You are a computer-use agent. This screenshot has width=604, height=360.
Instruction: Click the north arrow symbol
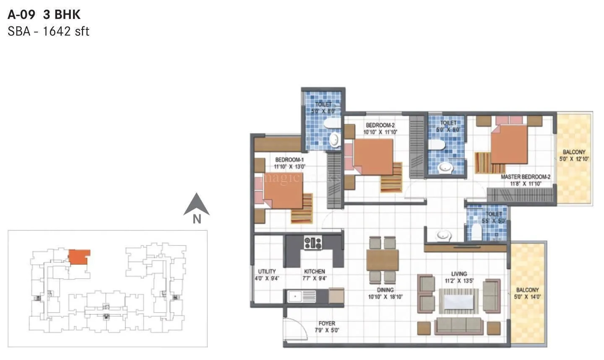(x=196, y=205)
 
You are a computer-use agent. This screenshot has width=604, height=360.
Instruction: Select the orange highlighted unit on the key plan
(x=78, y=256)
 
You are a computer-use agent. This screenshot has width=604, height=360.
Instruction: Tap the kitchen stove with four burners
(x=313, y=243)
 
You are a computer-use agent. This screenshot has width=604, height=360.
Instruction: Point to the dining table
(x=382, y=260)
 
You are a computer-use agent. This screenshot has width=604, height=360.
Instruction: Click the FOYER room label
(x=327, y=323)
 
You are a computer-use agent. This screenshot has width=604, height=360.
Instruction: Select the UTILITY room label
(x=267, y=271)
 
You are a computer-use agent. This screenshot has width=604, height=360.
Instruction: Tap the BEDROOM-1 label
(x=289, y=160)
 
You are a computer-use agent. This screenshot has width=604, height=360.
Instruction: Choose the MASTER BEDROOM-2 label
(x=526, y=177)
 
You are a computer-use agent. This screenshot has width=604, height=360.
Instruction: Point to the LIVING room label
(x=459, y=274)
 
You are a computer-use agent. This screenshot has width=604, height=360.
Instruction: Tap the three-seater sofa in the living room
(x=458, y=325)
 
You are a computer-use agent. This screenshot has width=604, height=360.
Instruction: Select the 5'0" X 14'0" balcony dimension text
(x=527, y=297)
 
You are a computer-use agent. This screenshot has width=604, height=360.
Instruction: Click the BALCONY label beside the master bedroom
(x=574, y=152)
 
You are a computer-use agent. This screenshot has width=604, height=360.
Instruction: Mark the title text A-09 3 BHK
(x=44, y=15)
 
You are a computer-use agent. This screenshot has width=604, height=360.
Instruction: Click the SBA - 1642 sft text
(x=48, y=31)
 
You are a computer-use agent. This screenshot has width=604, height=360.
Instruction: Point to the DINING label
(x=385, y=290)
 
